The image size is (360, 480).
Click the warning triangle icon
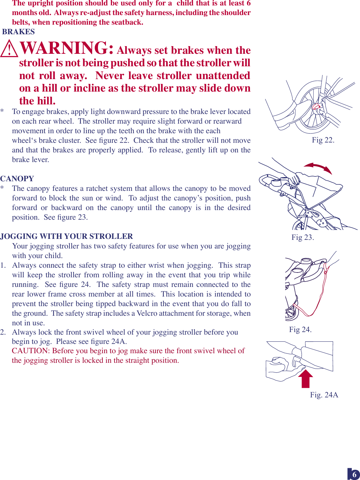click(9, 49)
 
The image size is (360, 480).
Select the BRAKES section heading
click(19, 32)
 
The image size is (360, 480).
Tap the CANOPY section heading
click(17, 179)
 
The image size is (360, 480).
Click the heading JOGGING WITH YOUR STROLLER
click(67, 236)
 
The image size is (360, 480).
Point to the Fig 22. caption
click(323, 140)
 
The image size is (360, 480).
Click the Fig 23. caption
click(302, 237)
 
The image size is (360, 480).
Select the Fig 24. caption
click(300, 329)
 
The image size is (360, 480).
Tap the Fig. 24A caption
click(324, 395)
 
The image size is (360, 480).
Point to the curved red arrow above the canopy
click(318, 167)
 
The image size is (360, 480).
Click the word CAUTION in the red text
click(31, 351)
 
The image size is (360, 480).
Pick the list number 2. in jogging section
click(3, 332)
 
